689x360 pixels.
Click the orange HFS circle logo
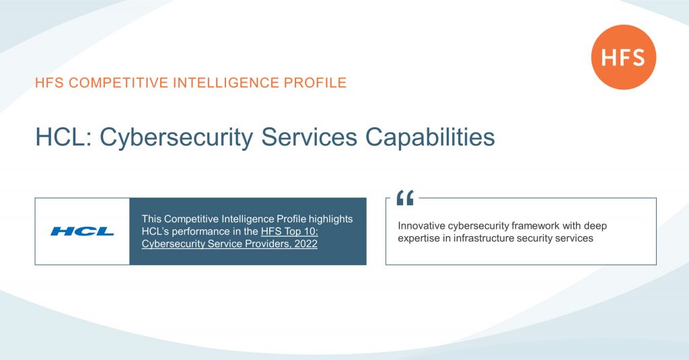[x=623, y=57]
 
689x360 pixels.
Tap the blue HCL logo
[x=82, y=231]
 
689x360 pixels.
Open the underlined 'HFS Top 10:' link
[x=289, y=231]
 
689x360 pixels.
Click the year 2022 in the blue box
[x=304, y=244]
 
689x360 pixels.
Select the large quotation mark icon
[x=405, y=198]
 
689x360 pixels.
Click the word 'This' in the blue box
[x=151, y=219]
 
